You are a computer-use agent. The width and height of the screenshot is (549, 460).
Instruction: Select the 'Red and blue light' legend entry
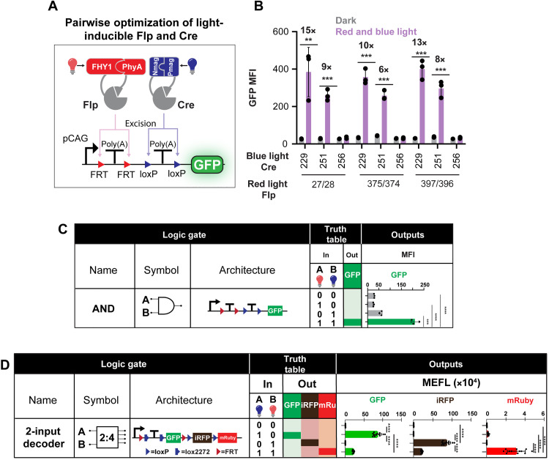click(x=404, y=23)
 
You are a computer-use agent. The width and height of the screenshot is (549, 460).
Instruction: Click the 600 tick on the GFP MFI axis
click(x=288, y=31)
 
